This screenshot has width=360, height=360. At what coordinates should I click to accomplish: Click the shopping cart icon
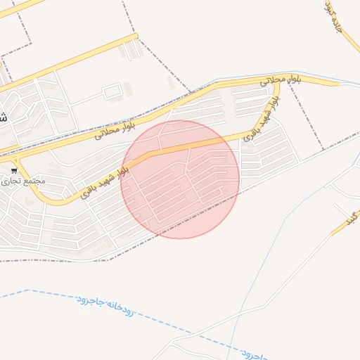pyautogui.click(x=14, y=171)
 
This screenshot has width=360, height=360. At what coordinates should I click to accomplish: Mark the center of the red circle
pyautogui.click(x=180, y=179)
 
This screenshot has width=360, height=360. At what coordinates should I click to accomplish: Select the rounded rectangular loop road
pyautogui.click(x=112, y=91)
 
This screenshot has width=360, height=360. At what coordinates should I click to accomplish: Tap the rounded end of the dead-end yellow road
pyautogui.click(x=338, y=83)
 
